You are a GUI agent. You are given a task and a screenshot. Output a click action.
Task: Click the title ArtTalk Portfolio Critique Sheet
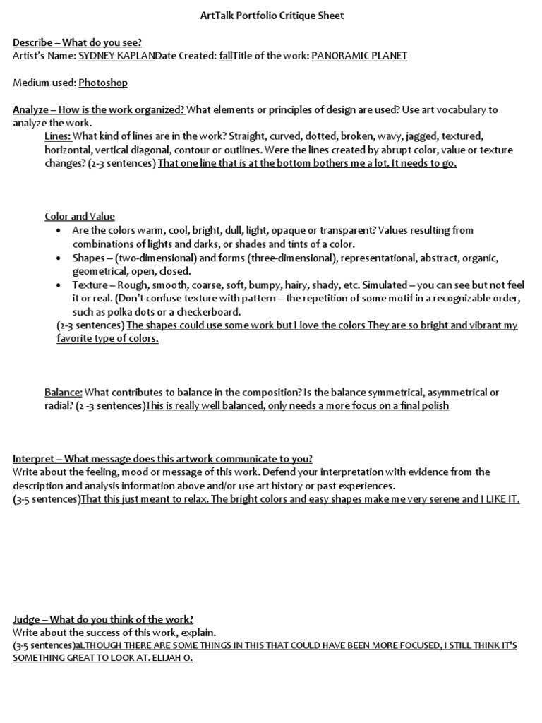tap(271, 16)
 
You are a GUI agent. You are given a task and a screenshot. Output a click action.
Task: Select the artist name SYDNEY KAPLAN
tap(116, 56)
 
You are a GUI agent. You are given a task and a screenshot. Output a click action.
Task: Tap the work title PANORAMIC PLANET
tap(359, 56)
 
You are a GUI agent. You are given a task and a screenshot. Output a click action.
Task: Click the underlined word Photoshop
tap(103, 83)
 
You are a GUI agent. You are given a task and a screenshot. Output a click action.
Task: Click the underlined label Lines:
tap(58, 136)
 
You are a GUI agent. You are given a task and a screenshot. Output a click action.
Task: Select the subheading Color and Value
tap(80, 217)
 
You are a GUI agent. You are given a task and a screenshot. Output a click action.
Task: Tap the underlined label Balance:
tap(64, 392)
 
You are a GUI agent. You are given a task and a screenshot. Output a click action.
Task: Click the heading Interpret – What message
tap(162, 458)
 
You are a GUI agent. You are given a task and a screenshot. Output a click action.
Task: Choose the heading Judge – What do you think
tap(103, 619)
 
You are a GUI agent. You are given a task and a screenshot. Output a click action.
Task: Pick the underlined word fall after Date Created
tap(225, 56)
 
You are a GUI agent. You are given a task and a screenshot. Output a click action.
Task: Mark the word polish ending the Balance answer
tap(433, 406)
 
